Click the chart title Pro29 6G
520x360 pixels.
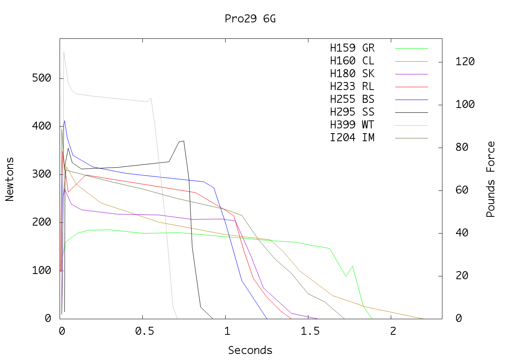[x=250, y=19]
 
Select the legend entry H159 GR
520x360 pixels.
[x=352, y=48]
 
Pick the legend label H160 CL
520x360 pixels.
[x=352, y=61]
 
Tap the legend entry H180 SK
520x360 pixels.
[x=352, y=74]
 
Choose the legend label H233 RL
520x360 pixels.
[x=352, y=87]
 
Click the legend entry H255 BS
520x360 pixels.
[x=352, y=100]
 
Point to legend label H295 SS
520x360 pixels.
[x=352, y=112]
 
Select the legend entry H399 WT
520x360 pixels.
[x=352, y=125]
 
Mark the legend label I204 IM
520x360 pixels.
[x=352, y=138]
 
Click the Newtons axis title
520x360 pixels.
[x=10, y=179]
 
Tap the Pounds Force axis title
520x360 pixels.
[x=491, y=179]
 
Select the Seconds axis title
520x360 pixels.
[x=250, y=350]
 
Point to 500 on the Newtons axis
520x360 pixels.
[x=42, y=78]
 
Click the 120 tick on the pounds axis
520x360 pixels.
[x=465, y=62]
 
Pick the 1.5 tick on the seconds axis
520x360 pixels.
[x=308, y=331]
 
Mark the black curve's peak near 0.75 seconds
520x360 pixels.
[x=183, y=141]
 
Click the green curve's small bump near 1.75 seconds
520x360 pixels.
[x=352, y=266]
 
